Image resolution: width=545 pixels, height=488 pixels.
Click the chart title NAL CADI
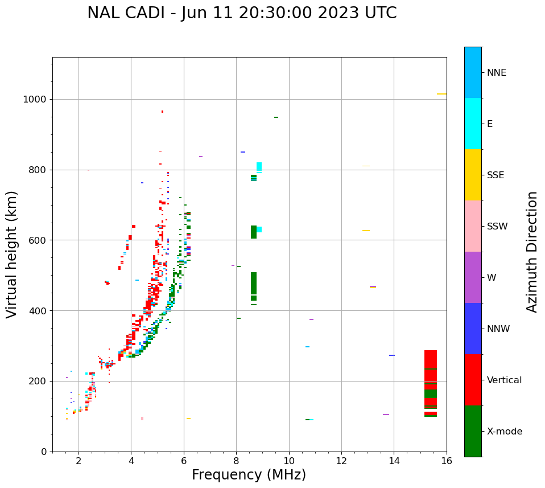pos(242,13)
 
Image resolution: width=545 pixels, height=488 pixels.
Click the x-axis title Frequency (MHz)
pos(249,475)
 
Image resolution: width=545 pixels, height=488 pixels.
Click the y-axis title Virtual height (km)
pos(12,254)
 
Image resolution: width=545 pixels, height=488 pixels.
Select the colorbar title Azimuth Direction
pos(532,252)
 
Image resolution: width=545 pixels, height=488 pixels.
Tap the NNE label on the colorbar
pos(496,73)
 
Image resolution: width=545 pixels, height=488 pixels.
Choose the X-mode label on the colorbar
pos(504,432)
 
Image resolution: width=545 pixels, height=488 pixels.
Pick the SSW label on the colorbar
pos(497,227)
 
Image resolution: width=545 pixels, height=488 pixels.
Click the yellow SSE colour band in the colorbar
pos(473,175)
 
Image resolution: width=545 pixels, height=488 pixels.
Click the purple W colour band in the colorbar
pos(473,277)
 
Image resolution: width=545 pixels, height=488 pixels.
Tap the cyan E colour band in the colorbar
pos(473,124)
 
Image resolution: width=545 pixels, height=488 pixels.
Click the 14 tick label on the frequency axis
pos(394,460)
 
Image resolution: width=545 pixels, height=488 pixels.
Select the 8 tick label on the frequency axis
pos(236,460)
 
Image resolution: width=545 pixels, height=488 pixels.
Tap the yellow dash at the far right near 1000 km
pos(441,94)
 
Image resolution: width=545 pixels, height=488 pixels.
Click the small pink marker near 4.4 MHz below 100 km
pos(142,419)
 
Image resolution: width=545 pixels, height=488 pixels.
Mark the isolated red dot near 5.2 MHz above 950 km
pos(162,112)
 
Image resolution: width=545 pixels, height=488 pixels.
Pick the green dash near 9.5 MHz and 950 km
pos(276,117)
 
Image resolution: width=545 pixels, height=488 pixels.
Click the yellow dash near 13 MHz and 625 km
pos(366,231)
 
